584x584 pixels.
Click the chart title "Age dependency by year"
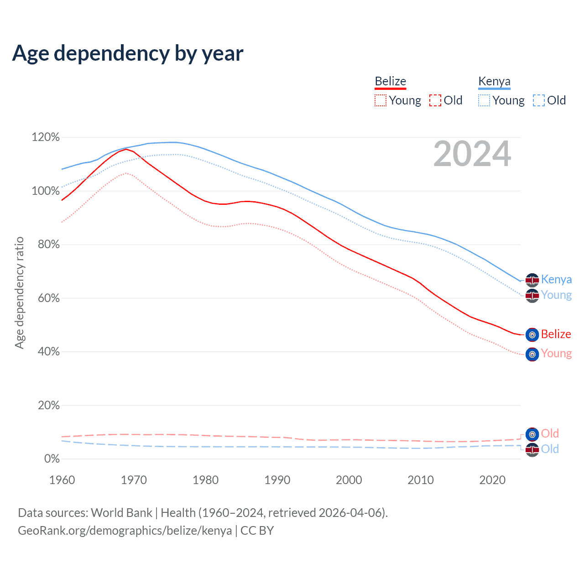point(128,53)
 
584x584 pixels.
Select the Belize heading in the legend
point(390,81)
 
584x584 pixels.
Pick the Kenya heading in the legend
point(494,81)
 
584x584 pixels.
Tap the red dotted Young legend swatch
point(380,100)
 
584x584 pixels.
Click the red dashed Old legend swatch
point(435,100)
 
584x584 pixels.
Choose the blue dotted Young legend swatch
point(484,100)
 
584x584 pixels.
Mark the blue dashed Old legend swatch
point(539,100)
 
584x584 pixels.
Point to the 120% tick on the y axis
point(46,137)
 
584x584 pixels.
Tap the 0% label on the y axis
point(52,459)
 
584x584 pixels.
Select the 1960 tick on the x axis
point(62,480)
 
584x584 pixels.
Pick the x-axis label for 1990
point(277,480)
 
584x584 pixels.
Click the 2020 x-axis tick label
point(492,480)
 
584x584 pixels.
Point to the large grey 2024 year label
point(472,154)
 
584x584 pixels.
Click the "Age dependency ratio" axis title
point(19,292)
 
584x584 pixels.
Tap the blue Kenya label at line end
point(556,279)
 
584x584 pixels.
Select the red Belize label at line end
point(556,334)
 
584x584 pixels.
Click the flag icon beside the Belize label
point(532,335)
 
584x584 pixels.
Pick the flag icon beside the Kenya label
point(532,280)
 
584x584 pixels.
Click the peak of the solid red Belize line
point(126,149)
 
